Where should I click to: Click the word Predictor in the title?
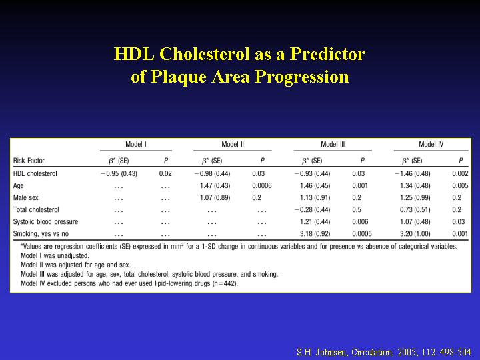(327, 54)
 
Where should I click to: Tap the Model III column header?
(333, 144)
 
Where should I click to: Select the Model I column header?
(136, 144)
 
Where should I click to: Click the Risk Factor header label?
(29, 161)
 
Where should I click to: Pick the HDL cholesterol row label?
(35, 173)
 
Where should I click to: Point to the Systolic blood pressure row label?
(45, 221)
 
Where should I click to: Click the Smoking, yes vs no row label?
(41, 234)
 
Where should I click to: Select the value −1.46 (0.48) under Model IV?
(413, 173)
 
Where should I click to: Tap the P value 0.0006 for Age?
(262, 185)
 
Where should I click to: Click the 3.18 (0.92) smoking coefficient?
(315, 234)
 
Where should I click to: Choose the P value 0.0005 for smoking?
(362, 234)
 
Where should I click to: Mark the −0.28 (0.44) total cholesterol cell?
(312, 210)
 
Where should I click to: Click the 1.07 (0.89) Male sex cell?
(215, 198)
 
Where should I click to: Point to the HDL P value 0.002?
(460, 173)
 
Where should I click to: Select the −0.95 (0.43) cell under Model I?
(119, 173)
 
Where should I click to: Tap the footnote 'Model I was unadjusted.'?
(55, 255)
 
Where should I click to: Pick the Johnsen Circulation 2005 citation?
(383, 352)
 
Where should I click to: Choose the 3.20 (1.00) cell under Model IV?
(415, 234)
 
